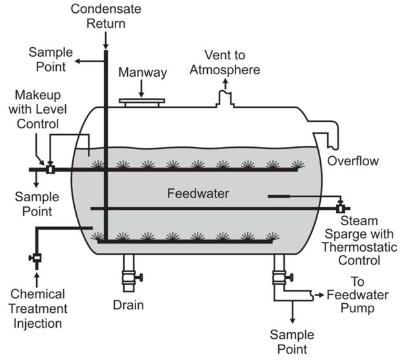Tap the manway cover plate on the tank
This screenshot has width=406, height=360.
click(142, 101)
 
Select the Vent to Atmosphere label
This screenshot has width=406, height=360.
click(223, 62)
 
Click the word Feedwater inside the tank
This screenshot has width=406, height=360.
click(194, 193)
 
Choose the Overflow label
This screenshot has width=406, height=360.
click(352, 160)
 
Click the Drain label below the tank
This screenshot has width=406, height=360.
click(128, 305)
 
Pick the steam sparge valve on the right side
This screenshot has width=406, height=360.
click(340, 208)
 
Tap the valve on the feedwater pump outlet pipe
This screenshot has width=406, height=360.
click(281, 278)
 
